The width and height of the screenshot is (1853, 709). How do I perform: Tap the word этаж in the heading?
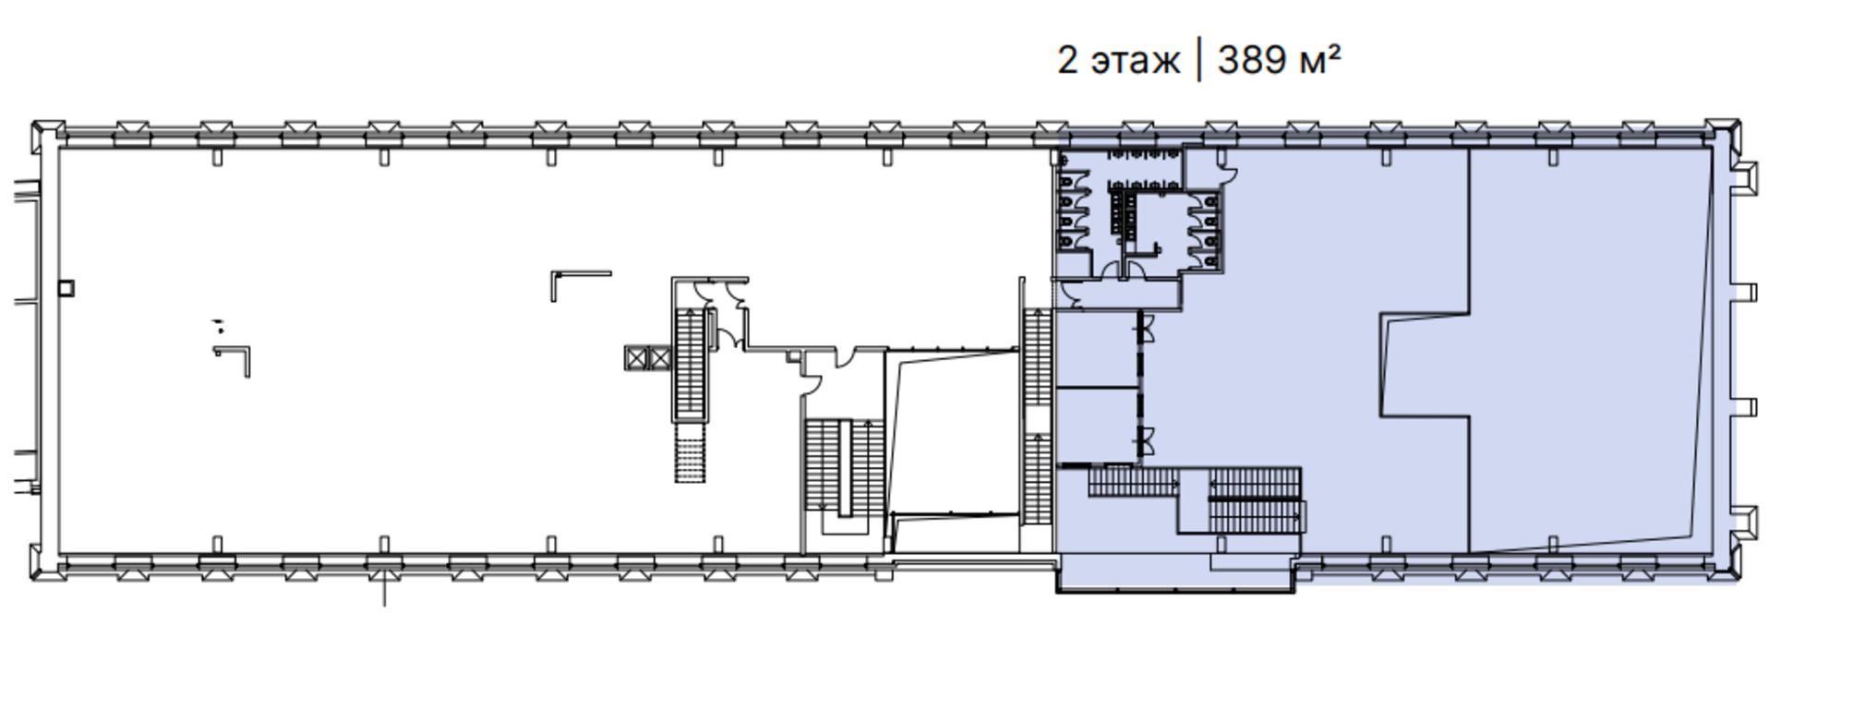pyautogui.click(x=1136, y=62)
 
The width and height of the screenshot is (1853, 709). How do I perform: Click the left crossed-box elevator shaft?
pyautogui.click(x=636, y=358)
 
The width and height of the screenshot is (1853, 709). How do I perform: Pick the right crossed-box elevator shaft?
pyautogui.click(x=659, y=358)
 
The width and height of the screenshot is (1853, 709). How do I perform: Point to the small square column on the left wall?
pyautogui.click(x=66, y=289)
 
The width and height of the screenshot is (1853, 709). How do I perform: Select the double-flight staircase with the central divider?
pyautogui.click(x=844, y=467)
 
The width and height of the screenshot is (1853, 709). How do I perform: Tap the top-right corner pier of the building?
pyautogui.click(x=1722, y=134)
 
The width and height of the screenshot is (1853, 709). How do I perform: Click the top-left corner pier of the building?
pyautogui.click(x=48, y=135)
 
